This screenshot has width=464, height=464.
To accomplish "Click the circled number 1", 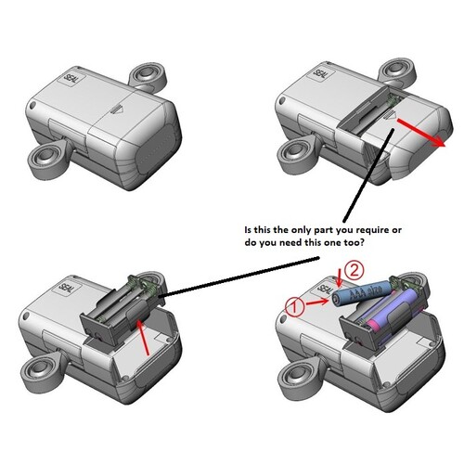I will pos(296,304).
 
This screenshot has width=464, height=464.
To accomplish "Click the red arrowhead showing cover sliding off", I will pos(441,145).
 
